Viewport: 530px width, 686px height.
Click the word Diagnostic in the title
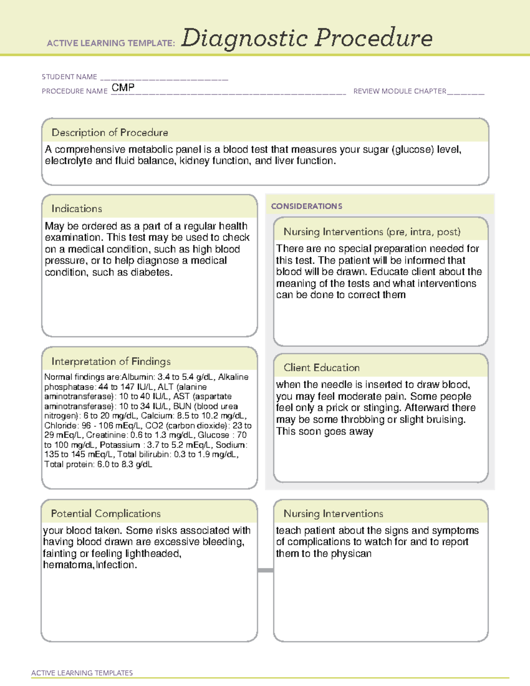244,38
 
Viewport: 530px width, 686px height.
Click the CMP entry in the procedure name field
123,87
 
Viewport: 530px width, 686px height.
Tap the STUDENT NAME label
69,77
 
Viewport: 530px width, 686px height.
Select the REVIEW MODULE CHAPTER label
400,91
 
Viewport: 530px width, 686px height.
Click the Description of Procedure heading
110,133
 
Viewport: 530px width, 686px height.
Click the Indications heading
76,208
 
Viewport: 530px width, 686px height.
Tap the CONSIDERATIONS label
307,206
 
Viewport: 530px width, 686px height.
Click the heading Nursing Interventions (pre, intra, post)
372,232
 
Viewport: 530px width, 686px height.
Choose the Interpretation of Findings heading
111,361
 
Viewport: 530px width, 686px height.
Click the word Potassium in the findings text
119,445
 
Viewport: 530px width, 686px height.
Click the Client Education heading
322,368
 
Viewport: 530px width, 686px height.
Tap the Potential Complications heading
106,514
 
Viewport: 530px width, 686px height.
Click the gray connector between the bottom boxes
265,570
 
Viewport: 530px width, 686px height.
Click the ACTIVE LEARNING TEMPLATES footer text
82,673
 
